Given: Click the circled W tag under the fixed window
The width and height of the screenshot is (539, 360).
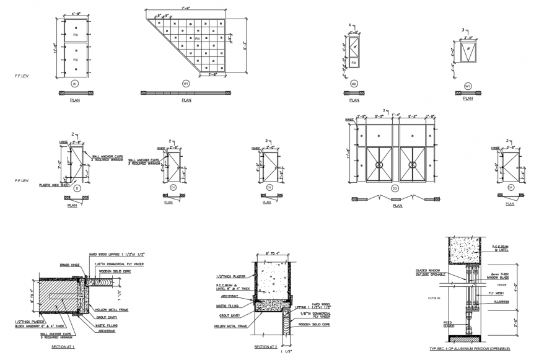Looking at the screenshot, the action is click(x=75, y=82).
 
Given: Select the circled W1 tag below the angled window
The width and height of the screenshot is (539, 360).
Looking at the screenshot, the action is click(x=185, y=82).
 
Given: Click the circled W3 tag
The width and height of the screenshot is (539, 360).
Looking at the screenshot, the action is click(x=468, y=82).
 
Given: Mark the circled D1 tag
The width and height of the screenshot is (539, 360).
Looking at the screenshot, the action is click(x=174, y=187).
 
